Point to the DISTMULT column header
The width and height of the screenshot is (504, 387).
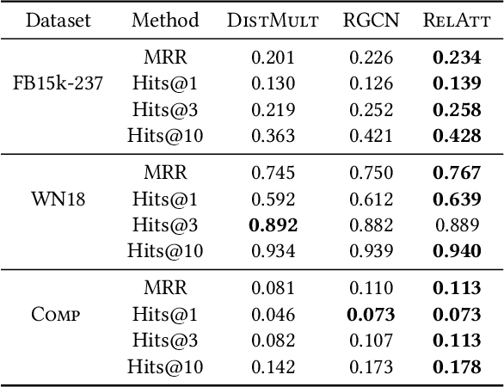click(x=273, y=20)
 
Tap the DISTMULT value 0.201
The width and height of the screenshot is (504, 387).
click(x=273, y=58)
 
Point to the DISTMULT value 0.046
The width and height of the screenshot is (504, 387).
click(x=273, y=316)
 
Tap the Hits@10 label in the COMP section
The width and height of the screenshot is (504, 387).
click(x=165, y=368)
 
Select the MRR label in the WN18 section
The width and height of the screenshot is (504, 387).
click(x=165, y=172)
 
